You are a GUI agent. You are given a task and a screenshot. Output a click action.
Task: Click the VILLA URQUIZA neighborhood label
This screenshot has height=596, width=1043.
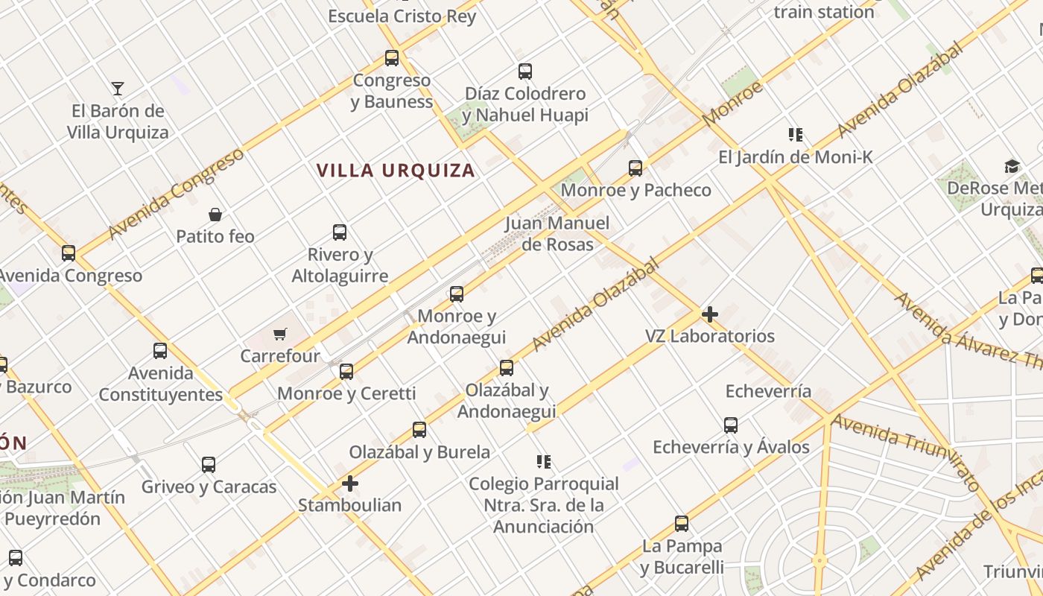[x=396, y=171]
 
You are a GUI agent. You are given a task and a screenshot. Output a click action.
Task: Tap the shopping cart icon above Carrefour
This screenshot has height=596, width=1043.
[x=279, y=334]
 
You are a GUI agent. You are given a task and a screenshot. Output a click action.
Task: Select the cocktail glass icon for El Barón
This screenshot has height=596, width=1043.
[x=118, y=89]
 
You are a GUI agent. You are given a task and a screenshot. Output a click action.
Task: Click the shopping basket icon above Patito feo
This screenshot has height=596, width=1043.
[x=215, y=215]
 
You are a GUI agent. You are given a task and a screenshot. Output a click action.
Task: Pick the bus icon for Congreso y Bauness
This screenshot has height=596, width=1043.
[x=392, y=57]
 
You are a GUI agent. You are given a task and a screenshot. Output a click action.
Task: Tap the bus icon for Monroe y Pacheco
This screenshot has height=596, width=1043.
[x=635, y=168]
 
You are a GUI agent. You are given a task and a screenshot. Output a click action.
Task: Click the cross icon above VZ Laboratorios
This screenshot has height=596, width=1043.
[x=710, y=314]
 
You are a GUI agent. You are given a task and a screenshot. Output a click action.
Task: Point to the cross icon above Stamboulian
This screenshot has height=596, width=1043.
[x=349, y=484]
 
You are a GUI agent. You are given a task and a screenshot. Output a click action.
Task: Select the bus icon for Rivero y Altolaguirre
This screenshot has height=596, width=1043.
[x=340, y=232]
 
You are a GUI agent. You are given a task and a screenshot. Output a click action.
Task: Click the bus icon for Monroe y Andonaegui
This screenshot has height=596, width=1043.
[x=457, y=294]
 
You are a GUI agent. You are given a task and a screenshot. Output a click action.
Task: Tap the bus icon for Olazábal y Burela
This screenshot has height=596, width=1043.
[x=419, y=430]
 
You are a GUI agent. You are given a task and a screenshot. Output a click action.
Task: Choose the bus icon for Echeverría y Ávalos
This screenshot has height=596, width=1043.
[x=731, y=425]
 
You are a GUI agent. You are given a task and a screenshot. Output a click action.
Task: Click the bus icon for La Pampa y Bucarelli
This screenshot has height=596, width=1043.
[x=682, y=524]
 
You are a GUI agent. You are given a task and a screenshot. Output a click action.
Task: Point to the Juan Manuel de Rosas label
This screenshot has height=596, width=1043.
[x=557, y=233]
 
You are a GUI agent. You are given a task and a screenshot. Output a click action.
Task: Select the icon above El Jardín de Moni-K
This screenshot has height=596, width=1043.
[x=796, y=135]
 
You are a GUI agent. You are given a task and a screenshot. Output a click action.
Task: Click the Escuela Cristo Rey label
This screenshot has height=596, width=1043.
[x=402, y=16]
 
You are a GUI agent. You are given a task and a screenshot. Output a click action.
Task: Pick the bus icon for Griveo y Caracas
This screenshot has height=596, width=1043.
[x=209, y=465]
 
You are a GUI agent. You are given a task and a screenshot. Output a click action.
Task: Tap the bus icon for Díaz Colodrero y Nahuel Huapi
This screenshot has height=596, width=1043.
[x=525, y=72]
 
